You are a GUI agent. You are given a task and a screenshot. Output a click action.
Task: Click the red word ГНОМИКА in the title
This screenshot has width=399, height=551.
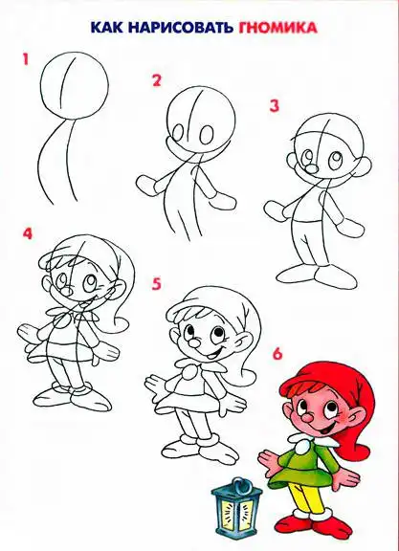tap(278, 28)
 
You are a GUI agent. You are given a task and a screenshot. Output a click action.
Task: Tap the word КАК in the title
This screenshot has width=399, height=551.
tap(107, 28)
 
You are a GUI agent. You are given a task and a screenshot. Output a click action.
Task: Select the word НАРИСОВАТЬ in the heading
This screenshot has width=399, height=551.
tap(181, 28)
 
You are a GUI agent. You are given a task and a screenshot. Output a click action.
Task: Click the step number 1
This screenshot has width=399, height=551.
tap(25, 59)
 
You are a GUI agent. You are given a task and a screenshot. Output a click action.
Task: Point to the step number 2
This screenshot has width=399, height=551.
tap(156, 80)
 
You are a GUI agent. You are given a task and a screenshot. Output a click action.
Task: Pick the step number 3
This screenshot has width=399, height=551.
tap(275, 106)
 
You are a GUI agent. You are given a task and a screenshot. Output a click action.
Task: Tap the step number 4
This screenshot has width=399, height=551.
tap(28, 233)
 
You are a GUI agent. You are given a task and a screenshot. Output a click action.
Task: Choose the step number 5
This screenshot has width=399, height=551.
tap(156, 284)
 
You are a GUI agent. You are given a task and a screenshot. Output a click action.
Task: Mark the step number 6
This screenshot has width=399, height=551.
tap(277, 354)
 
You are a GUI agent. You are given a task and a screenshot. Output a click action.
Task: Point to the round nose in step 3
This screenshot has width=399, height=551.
tap(311, 168)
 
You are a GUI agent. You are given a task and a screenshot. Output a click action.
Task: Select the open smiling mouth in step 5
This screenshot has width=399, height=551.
tap(211, 354)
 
